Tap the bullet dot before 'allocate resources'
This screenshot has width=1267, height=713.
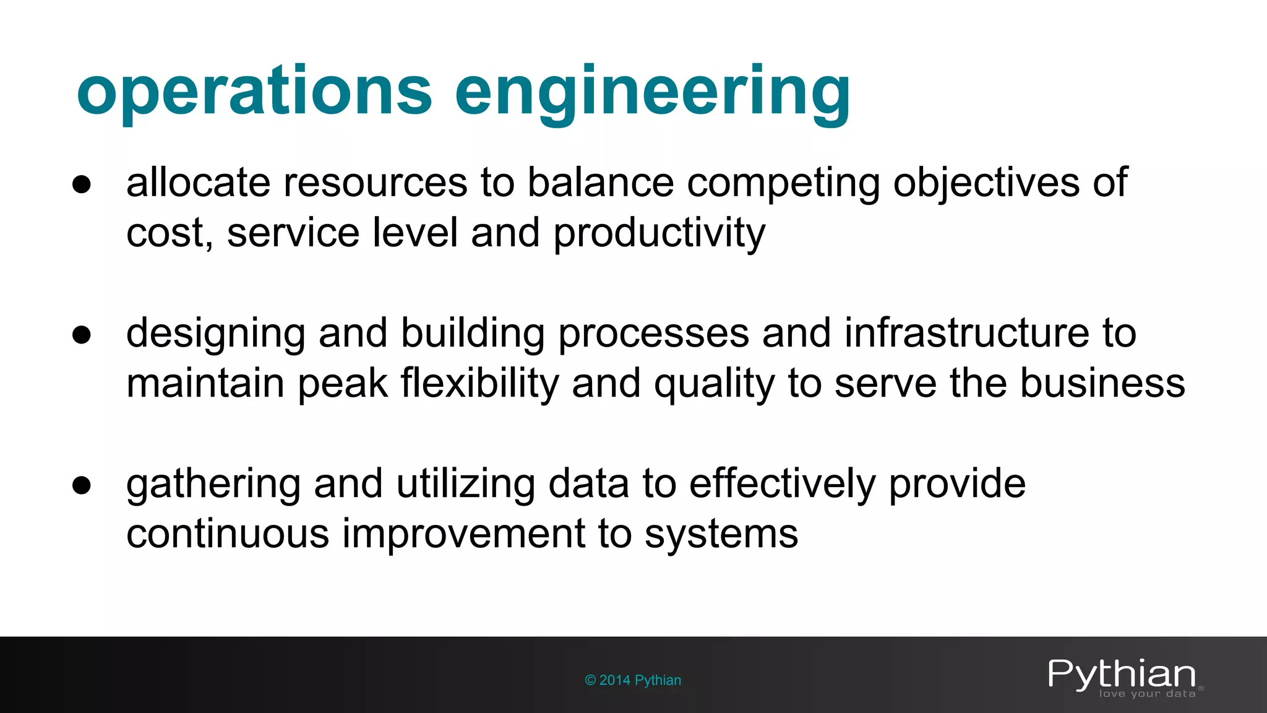tap(82, 184)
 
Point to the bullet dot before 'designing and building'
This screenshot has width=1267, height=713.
tap(82, 335)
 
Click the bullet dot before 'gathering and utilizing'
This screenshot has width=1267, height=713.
tap(82, 485)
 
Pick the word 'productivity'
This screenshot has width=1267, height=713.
tap(659, 234)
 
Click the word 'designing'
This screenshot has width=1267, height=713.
tap(216, 334)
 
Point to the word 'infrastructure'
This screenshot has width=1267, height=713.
tap(990, 333)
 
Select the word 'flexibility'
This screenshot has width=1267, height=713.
tap(479, 384)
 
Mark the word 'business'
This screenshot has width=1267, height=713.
tap(1102, 383)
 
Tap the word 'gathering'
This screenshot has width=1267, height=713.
tap(213, 485)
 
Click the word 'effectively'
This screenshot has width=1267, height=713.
tap(782, 485)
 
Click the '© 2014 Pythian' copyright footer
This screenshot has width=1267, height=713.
tap(633, 680)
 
